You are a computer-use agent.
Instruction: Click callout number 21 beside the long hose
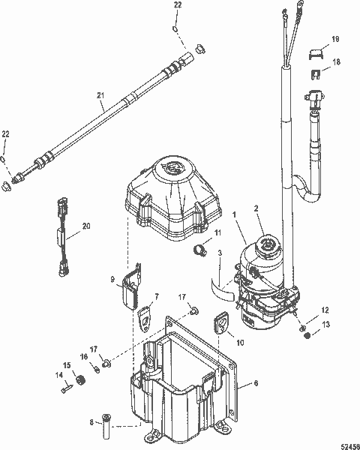(x=100, y=95)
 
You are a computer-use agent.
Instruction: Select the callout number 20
(x=85, y=226)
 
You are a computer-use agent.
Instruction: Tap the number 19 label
(x=335, y=37)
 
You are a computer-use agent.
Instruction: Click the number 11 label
(x=218, y=234)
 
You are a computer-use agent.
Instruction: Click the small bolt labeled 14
(x=66, y=388)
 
